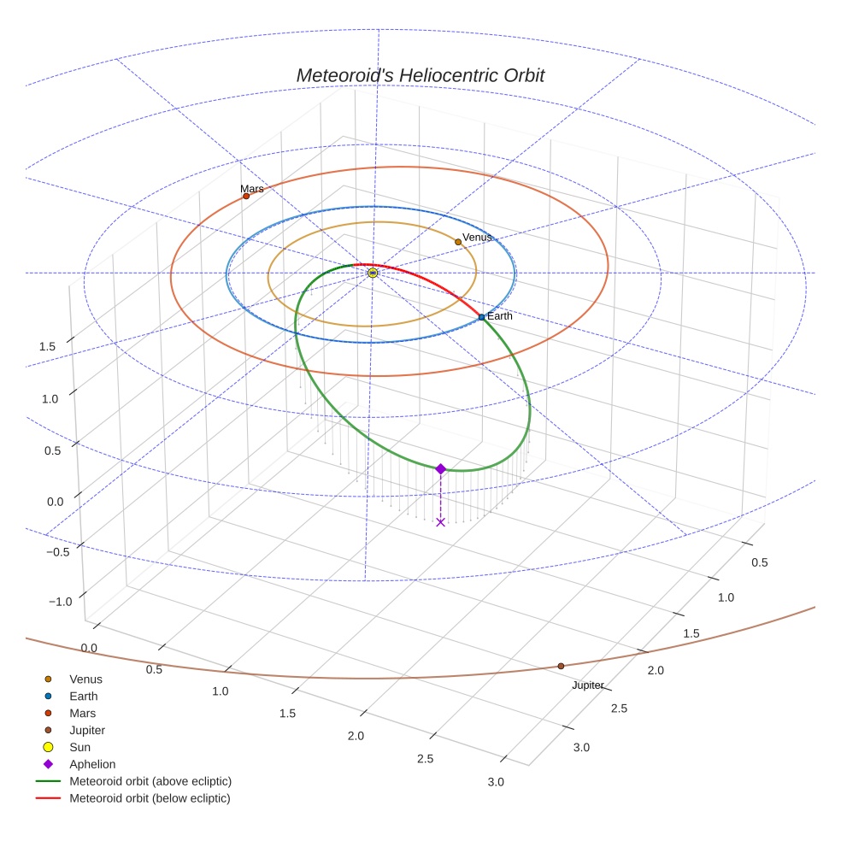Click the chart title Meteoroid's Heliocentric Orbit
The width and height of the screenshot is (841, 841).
coord(420,75)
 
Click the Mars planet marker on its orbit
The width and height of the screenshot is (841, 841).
coord(246,196)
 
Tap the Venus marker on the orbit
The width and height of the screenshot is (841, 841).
coord(458,242)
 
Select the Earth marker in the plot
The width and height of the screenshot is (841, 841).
coord(481,317)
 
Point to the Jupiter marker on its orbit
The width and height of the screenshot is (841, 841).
coord(561,666)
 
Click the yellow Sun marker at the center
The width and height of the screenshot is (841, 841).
coord(373,273)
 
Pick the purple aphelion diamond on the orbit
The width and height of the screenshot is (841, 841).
coord(440,468)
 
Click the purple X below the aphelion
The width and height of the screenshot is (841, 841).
coord(440,521)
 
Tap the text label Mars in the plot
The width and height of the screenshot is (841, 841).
coord(251,189)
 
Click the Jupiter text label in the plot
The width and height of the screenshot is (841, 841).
coord(588,685)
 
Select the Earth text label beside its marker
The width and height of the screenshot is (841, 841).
coord(500,316)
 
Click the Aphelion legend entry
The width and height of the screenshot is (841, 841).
coord(92,764)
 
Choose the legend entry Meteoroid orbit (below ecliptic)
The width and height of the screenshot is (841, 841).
coord(150,798)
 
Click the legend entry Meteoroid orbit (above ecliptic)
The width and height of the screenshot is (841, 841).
coord(150,781)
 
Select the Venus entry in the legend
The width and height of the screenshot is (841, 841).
coord(85,679)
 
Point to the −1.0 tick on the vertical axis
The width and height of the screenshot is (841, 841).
coord(60,602)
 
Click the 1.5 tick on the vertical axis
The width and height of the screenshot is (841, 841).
coord(47,346)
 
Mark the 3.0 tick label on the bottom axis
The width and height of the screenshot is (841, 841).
coord(495,782)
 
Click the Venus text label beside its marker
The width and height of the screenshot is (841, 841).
coord(477,238)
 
